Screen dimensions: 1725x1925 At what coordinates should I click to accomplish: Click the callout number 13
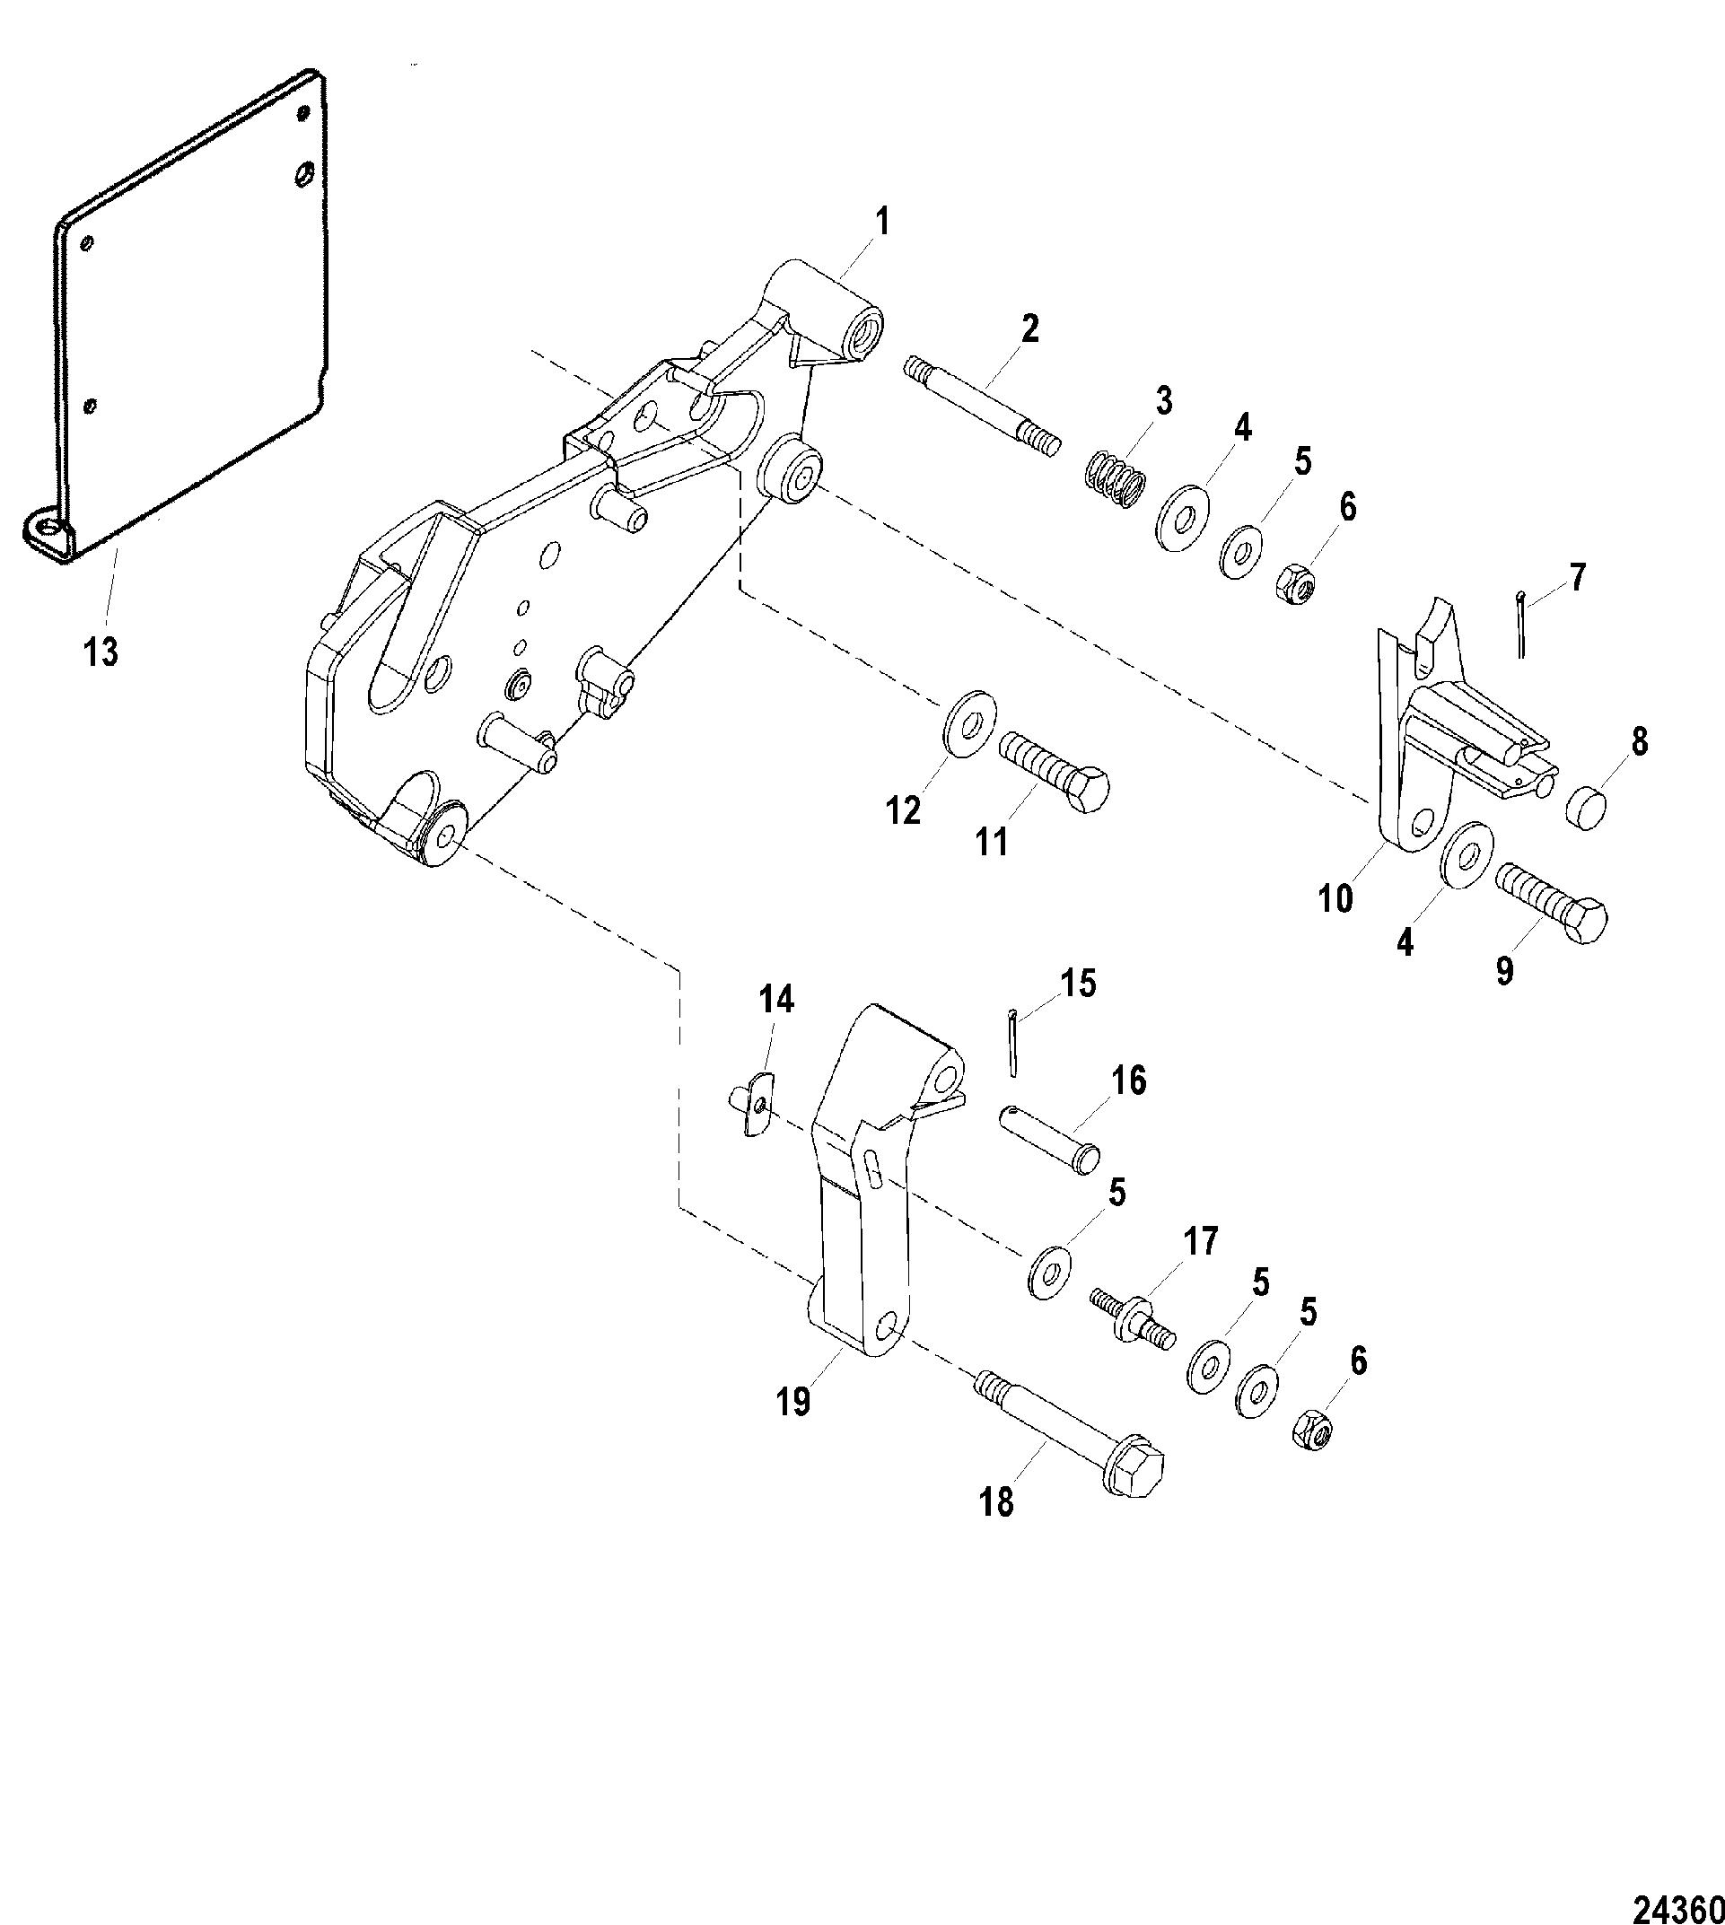coord(101,652)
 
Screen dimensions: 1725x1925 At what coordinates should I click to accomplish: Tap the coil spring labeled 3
coord(1115,478)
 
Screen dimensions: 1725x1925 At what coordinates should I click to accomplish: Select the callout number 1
coord(882,223)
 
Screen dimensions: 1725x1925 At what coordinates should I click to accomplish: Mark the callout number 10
coord(1335,898)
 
